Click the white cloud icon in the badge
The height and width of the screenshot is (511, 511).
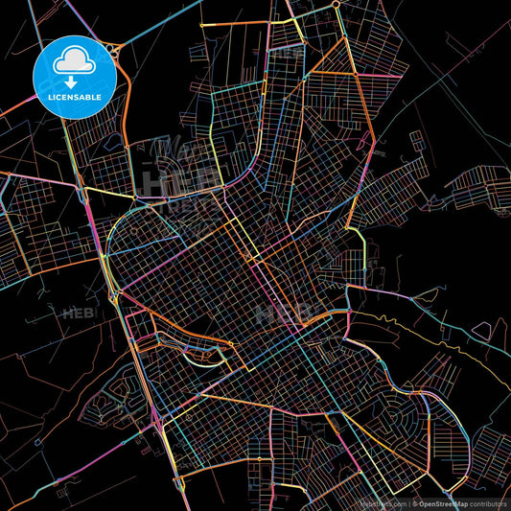point(74,60)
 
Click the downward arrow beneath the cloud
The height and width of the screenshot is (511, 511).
point(74,67)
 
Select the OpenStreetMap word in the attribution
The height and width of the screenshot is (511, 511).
point(447,502)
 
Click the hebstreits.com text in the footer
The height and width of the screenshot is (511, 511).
point(383,502)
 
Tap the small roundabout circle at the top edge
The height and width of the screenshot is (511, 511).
point(337,4)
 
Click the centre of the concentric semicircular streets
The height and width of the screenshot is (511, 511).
point(407,407)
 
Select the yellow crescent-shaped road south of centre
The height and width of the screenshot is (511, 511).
point(206,357)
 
